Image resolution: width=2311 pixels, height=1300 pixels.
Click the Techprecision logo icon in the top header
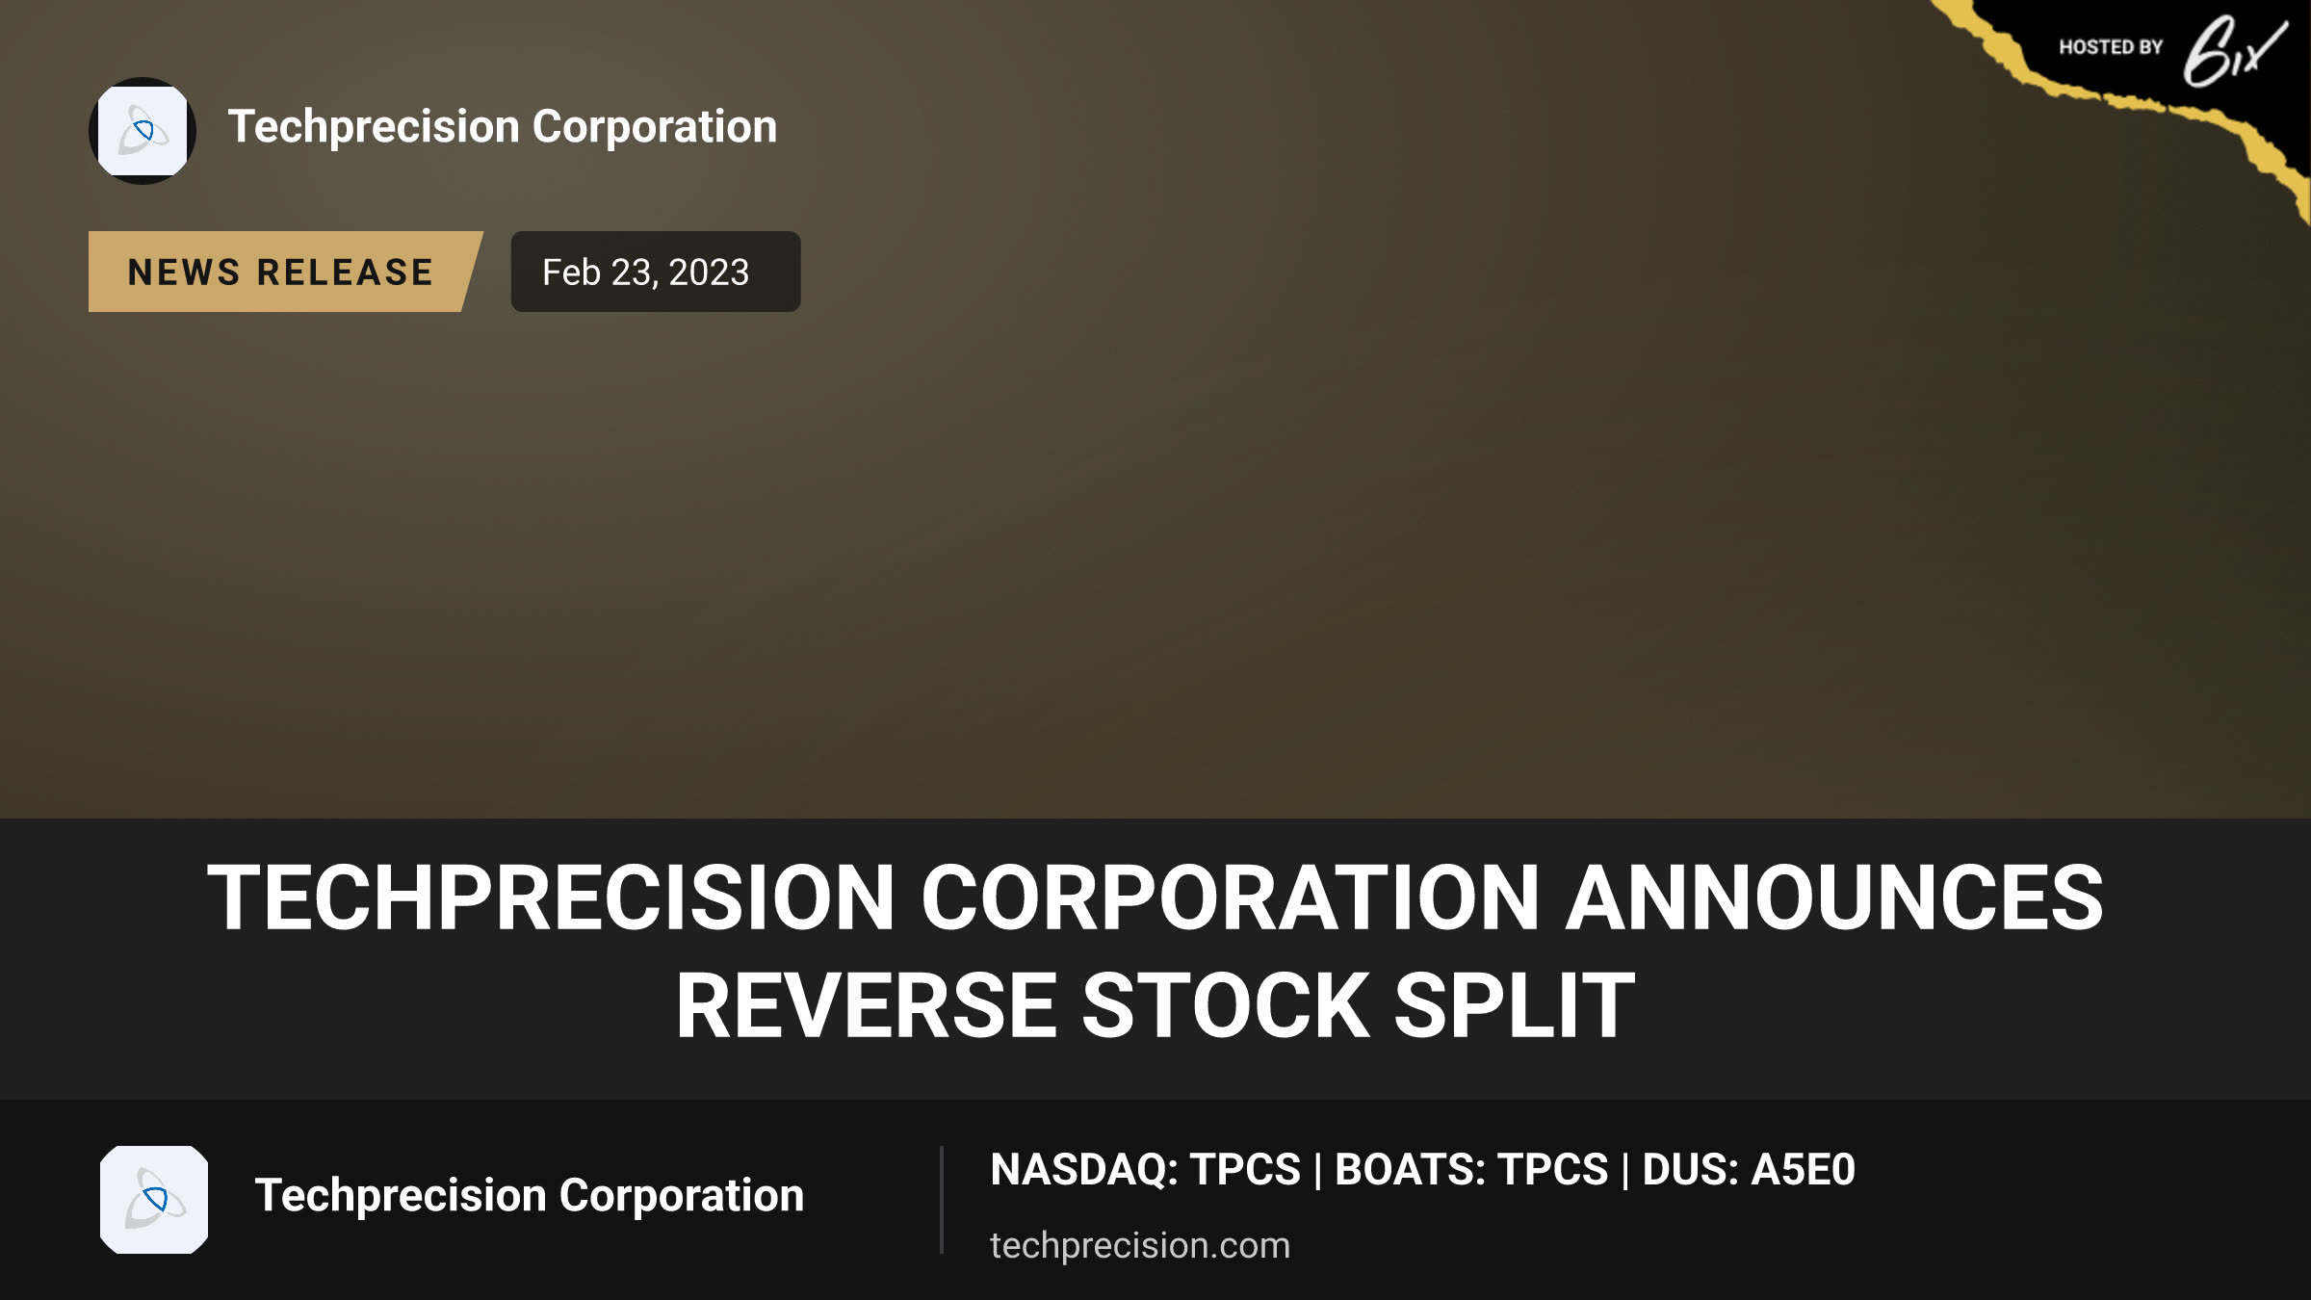pyautogui.click(x=143, y=131)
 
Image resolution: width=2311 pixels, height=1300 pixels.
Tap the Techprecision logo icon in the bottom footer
pyautogui.click(x=154, y=1200)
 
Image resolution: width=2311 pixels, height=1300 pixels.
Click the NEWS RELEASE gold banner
pyautogui.click(x=285, y=272)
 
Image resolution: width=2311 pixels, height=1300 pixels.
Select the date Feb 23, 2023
pyautogui.click(x=645, y=273)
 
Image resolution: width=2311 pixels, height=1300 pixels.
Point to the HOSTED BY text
pyautogui.click(x=2111, y=47)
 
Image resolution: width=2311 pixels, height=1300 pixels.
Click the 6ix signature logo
pyautogui.click(x=2234, y=52)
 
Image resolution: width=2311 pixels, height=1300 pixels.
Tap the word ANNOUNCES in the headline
pyautogui.click(x=1834, y=897)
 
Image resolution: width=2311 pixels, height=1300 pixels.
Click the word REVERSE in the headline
pyautogui.click(x=867, y=1005)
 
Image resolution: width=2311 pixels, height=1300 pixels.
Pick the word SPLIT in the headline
pyautogui.click(x=1515, y=1005)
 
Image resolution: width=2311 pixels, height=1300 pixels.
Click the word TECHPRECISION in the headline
pyautogui.click(x=551, y=897)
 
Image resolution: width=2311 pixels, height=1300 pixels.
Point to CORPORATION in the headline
pyautogui.click(x=1231, y=897)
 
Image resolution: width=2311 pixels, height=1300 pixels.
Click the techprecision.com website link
pyautogui.click(x=1140, y=1245)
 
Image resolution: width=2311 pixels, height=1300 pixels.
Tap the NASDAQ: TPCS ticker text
pyautogui.click(x=1145, y=1170)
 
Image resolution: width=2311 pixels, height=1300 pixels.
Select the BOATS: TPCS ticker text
pyautogui.click(x=1471, y=1170)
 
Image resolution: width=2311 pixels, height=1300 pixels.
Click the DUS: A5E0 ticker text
pyautogui.click(x=1749, y=1170)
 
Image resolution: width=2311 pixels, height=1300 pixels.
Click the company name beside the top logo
pyautogui.click(x=502, y=127)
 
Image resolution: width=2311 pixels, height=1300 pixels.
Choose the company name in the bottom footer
pyautogui.click(x=529, y=1196)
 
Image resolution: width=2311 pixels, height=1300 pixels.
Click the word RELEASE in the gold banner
pyautogui.click(x=345, y=273)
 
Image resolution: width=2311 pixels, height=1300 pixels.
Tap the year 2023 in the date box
pyautogui.click(x=709, y=273)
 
